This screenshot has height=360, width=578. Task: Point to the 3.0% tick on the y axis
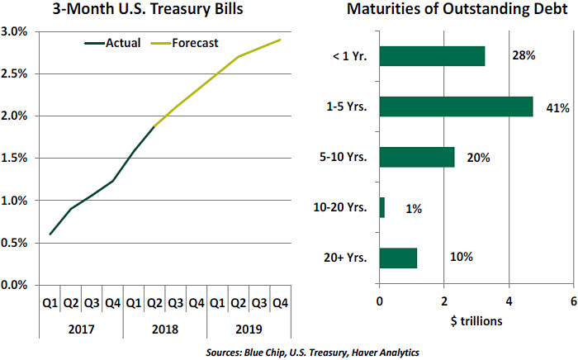(x=16, y=31)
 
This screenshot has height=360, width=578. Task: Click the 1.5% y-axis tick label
(x=16, y=159)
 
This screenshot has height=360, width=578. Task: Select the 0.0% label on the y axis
(x=16, y=285)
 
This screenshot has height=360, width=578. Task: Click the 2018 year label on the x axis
(x=164, y=328)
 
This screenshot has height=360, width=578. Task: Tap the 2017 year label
(x=81, y=328)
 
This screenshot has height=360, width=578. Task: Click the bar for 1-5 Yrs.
(x=456, y=107)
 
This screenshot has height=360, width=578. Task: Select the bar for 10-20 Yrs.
(x=381, y=208)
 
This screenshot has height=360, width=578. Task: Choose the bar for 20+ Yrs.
(x=398, y=258)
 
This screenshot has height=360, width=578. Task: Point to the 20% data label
(x=478, y=158)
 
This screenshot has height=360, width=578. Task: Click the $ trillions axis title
(x=476, y=320)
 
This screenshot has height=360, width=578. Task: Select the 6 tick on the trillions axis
(x=573, y=301)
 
